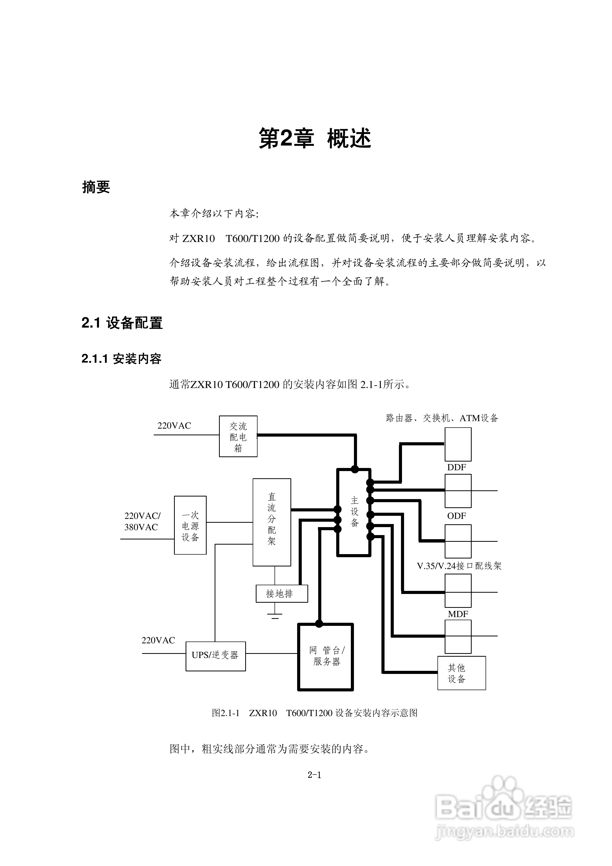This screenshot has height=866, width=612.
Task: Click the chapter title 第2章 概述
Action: click(315, 138)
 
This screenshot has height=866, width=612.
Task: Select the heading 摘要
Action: click(96, 187)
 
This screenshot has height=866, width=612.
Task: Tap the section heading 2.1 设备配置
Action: click(122, 323)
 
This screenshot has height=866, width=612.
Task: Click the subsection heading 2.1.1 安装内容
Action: click(121, 358)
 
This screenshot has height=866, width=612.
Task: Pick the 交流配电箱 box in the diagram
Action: click(238, 436)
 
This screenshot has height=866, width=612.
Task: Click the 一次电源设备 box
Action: click(190, 525)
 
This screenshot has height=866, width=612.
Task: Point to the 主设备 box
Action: click(354, 512)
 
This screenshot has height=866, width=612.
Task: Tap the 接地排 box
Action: click(281, 594)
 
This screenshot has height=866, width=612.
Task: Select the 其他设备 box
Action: click(461, 673)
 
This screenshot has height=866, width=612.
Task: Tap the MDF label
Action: click(458, 614)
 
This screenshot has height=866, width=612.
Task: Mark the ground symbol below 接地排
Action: click(275, 616)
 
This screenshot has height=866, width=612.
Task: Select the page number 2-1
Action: click(314, 775)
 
